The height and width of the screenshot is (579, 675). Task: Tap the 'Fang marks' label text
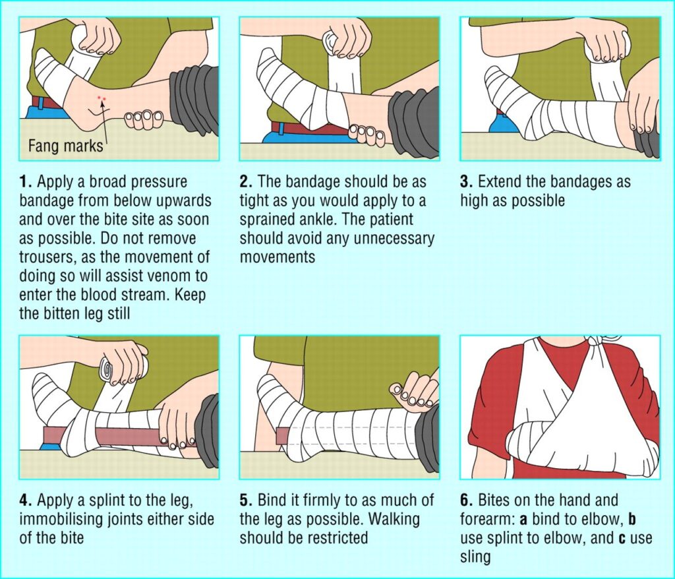65,145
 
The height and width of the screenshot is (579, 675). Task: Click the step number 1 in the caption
24,181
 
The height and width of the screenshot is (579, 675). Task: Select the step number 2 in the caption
245,181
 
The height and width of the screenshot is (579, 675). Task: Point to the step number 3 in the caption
465,181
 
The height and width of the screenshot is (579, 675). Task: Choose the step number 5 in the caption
245,501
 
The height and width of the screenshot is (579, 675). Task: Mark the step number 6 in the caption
465,501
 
